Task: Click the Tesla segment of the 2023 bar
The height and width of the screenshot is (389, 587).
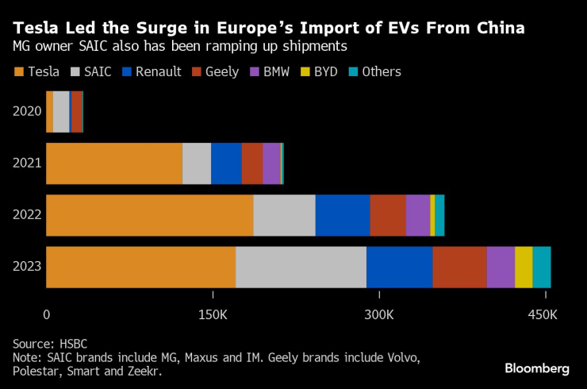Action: click(x=140, y=267)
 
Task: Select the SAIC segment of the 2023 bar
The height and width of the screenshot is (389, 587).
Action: click(x=301, y=267)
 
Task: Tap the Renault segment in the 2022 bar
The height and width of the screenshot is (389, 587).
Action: click(x=343, y=215)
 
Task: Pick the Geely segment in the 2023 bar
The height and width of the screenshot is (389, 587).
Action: click(x=459, y=267)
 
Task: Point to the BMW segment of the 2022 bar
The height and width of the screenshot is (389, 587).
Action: click(x=417, y=215)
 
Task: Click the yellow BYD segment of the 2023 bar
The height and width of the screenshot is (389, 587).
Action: click(x=524, y=267)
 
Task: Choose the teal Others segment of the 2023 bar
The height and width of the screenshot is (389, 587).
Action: click(x=542, y=267)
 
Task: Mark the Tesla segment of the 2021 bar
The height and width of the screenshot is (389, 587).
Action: click(x=114, y=164)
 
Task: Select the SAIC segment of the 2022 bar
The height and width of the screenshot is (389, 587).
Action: click(x=284, y=215)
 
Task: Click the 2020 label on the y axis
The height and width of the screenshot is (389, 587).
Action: click(x=27, y=111)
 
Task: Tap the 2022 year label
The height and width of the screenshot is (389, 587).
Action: click(x=27, y=215)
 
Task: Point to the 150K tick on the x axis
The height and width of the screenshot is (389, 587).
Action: click(x=213, y=315)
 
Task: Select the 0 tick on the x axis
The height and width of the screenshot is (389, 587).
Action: click(x=47, y=315)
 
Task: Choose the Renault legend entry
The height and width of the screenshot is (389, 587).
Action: click(x=151, y=71)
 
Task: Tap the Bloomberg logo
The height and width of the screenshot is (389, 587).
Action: click(x=537, y=368)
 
